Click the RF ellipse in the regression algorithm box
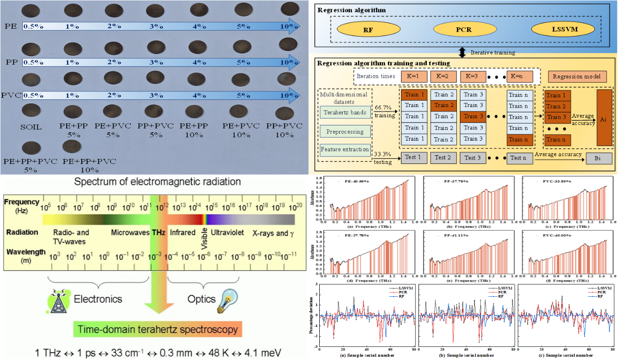tap(368, 30)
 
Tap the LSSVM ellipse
tap(563, 30)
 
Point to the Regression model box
tap(579, 77)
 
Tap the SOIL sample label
tap(32, 127)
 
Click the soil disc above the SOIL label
tap(31, 110)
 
